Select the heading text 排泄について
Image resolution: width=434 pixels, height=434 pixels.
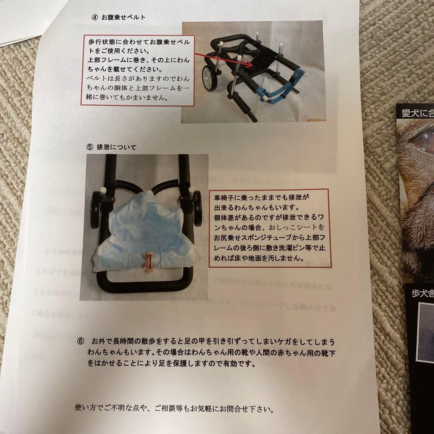pos(117,147)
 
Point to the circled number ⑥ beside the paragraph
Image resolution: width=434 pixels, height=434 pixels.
pos(80,341)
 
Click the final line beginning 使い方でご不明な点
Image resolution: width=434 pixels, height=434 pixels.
pos(175,410)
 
